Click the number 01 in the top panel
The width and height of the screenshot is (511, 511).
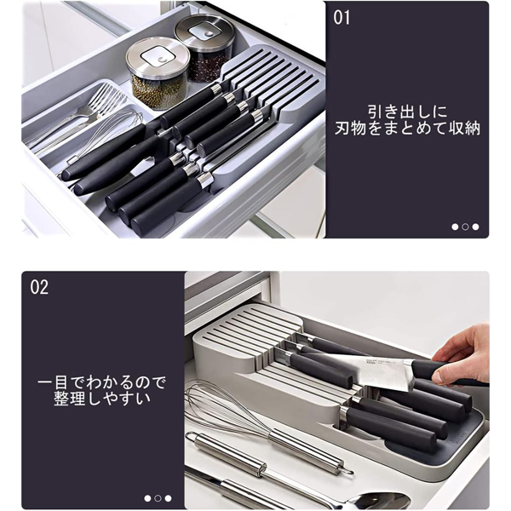coord(342,18)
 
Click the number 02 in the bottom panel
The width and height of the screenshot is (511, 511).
coord(39,286)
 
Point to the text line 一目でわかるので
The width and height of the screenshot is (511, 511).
coord(102,380)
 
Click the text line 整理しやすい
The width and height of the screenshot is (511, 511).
coord(101,399)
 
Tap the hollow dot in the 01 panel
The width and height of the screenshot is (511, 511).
coord(465,227)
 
